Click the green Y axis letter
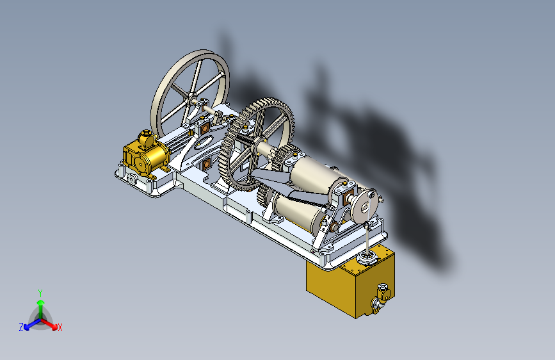click(x=40, y=293)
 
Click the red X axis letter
click(x=60, y=327)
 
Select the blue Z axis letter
click(x=21, y=327)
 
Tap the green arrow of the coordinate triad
click(x=41, y=309)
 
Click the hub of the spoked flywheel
click(x=191, y=98)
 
